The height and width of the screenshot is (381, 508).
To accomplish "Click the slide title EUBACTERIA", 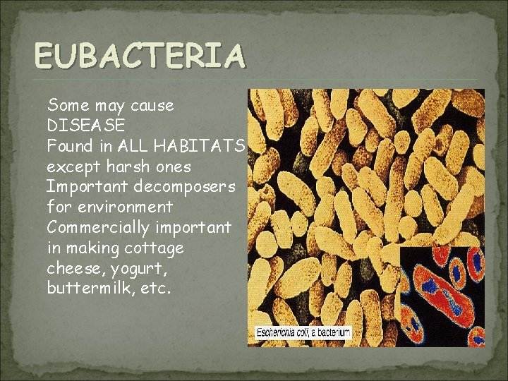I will pos(140,56).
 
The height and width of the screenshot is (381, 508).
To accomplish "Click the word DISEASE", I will pos(85,126).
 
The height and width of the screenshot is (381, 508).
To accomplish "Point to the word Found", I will pos(68,146).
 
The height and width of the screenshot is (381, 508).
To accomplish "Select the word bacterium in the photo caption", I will pos(333,332).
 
